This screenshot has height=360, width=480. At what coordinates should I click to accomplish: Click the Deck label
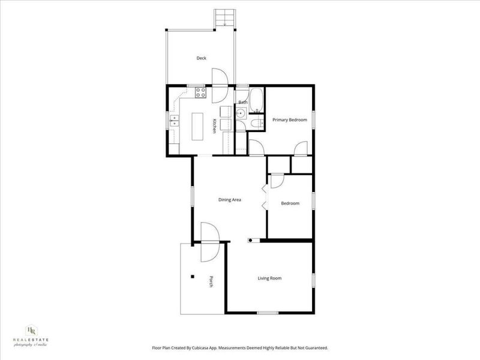[202, 58]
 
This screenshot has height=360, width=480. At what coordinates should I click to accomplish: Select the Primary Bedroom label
[289, 120]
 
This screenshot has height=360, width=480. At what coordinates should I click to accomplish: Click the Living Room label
[269, 278]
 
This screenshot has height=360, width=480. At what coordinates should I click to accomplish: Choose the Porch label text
[211, 281]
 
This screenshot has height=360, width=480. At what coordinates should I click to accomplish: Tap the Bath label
[242, 103]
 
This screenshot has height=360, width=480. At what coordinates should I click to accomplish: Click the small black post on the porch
[193, 276]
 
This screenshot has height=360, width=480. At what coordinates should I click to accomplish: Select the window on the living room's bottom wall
[267, 313]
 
